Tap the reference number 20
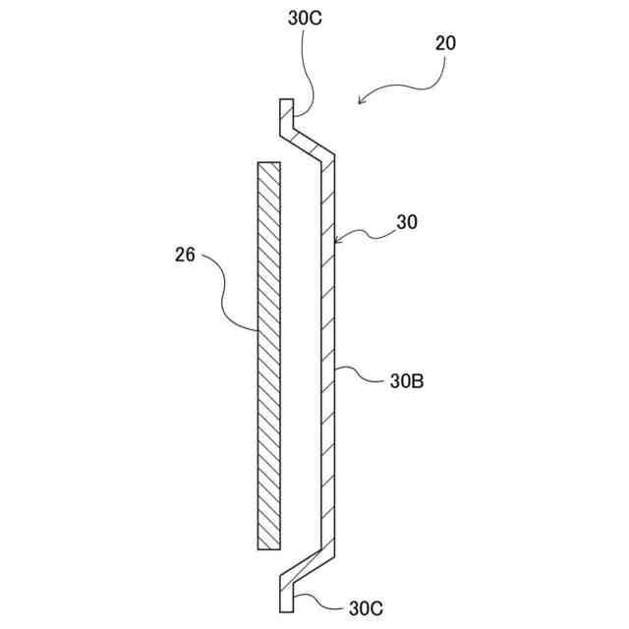[444, 44]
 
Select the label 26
[184, 257]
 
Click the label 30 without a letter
[407, 223]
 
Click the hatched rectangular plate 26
[268, 354]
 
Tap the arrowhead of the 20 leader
[363, 99]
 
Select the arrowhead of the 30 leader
[338, 239]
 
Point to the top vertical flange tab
[285, 115]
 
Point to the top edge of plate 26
[268, 163]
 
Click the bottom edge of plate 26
[268, 548]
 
